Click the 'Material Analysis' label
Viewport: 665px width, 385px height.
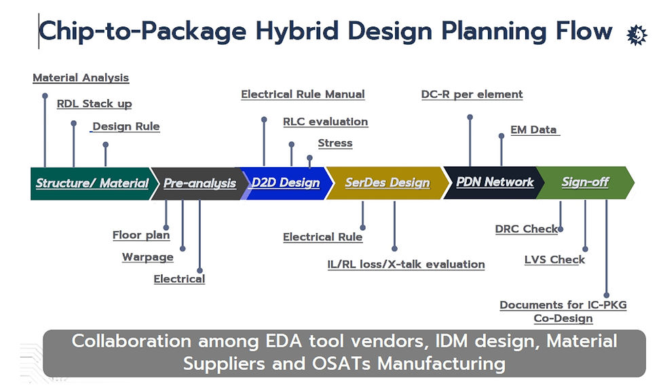click(81, 78)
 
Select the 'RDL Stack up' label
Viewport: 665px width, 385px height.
click(94, 104)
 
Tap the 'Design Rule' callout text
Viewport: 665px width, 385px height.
click(126, 126)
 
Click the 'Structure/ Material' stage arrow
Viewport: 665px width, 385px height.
click(92, 183)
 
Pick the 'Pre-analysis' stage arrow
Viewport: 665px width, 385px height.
click(199, 183)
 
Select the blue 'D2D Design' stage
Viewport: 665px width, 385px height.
click(286, 183)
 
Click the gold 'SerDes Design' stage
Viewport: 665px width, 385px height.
click(387, 183)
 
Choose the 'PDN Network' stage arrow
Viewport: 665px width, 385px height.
click(495, 182)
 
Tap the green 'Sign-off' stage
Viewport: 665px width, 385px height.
click(585, 182)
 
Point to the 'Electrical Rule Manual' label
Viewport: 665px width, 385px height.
click(303, 94)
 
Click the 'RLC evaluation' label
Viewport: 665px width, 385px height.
click(325, 122)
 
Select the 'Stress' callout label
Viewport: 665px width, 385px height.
click(335, 143)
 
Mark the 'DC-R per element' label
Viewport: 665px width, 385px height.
click(472, 94)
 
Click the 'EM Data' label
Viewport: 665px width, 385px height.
click(534, 130)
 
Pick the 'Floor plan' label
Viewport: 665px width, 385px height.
click(140, 236)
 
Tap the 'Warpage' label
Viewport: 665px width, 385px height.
click(147, 257)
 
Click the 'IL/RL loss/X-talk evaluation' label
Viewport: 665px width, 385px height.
click(406, 264)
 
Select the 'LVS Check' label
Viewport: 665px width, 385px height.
click(554, 259)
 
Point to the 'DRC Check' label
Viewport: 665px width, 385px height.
click(526, 229)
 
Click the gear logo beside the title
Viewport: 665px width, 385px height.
click(636, 34)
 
